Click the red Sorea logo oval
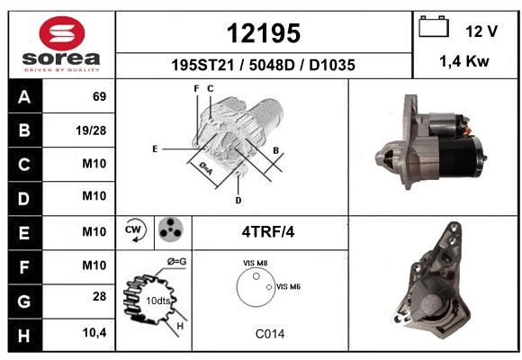(62, 33)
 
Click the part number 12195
(264, 33)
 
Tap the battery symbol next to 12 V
(434, 27)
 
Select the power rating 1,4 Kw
(464, 61)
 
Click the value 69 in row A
(100, 96)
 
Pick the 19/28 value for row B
(91, 130)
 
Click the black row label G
(24, 301)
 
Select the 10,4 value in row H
(94, 332)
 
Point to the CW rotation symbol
(134, 230)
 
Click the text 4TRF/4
(268, 232)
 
